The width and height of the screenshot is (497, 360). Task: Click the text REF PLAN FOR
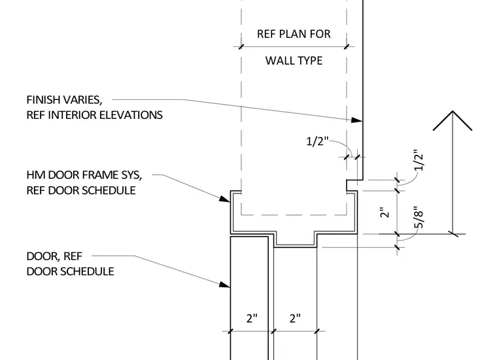point(294,34)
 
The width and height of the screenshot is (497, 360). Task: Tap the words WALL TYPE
point(294,61)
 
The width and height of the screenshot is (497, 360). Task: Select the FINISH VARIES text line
point(64,100)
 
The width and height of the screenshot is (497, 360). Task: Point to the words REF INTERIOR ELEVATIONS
point(94,115)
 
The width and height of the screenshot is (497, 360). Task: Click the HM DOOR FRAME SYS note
point(84,175)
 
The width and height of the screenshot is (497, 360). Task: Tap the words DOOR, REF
point(54,256)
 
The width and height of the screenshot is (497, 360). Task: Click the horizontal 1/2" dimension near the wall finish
point(317,141)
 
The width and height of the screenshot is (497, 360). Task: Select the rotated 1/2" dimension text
point(419,160)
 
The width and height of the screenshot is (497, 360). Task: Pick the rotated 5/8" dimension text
point(419,218)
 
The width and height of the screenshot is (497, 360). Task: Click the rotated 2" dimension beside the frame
point(384,212)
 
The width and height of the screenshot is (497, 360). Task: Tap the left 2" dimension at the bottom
point(252,318)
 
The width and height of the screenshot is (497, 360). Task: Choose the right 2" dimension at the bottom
point(295,318)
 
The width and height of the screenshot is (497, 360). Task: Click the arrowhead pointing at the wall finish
point(357,120)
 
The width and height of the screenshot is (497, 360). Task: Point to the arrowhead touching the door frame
point(225,199)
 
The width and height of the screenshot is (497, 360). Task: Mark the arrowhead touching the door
point(225,284)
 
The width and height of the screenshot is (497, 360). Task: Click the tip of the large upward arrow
point(453,111)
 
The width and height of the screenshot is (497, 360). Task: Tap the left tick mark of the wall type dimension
point(241,47)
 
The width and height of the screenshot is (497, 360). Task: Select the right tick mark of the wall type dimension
point(347,47)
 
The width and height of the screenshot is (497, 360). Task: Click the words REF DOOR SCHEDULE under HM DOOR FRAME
point(81,191)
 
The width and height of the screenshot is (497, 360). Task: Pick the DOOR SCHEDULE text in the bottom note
point(71,272)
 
